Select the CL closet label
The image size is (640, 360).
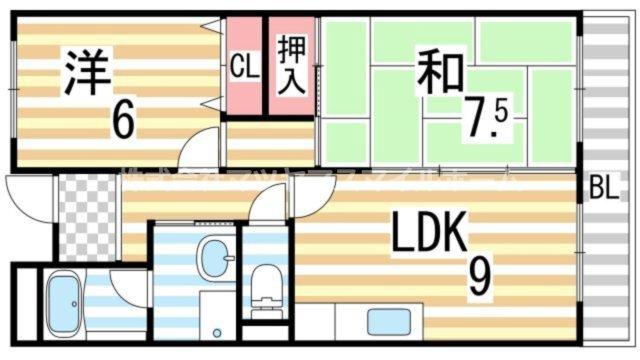[x=242, y=67]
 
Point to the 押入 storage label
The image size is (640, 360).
[x=290, y=65]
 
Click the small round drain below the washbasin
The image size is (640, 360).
[x=218, y=330]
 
